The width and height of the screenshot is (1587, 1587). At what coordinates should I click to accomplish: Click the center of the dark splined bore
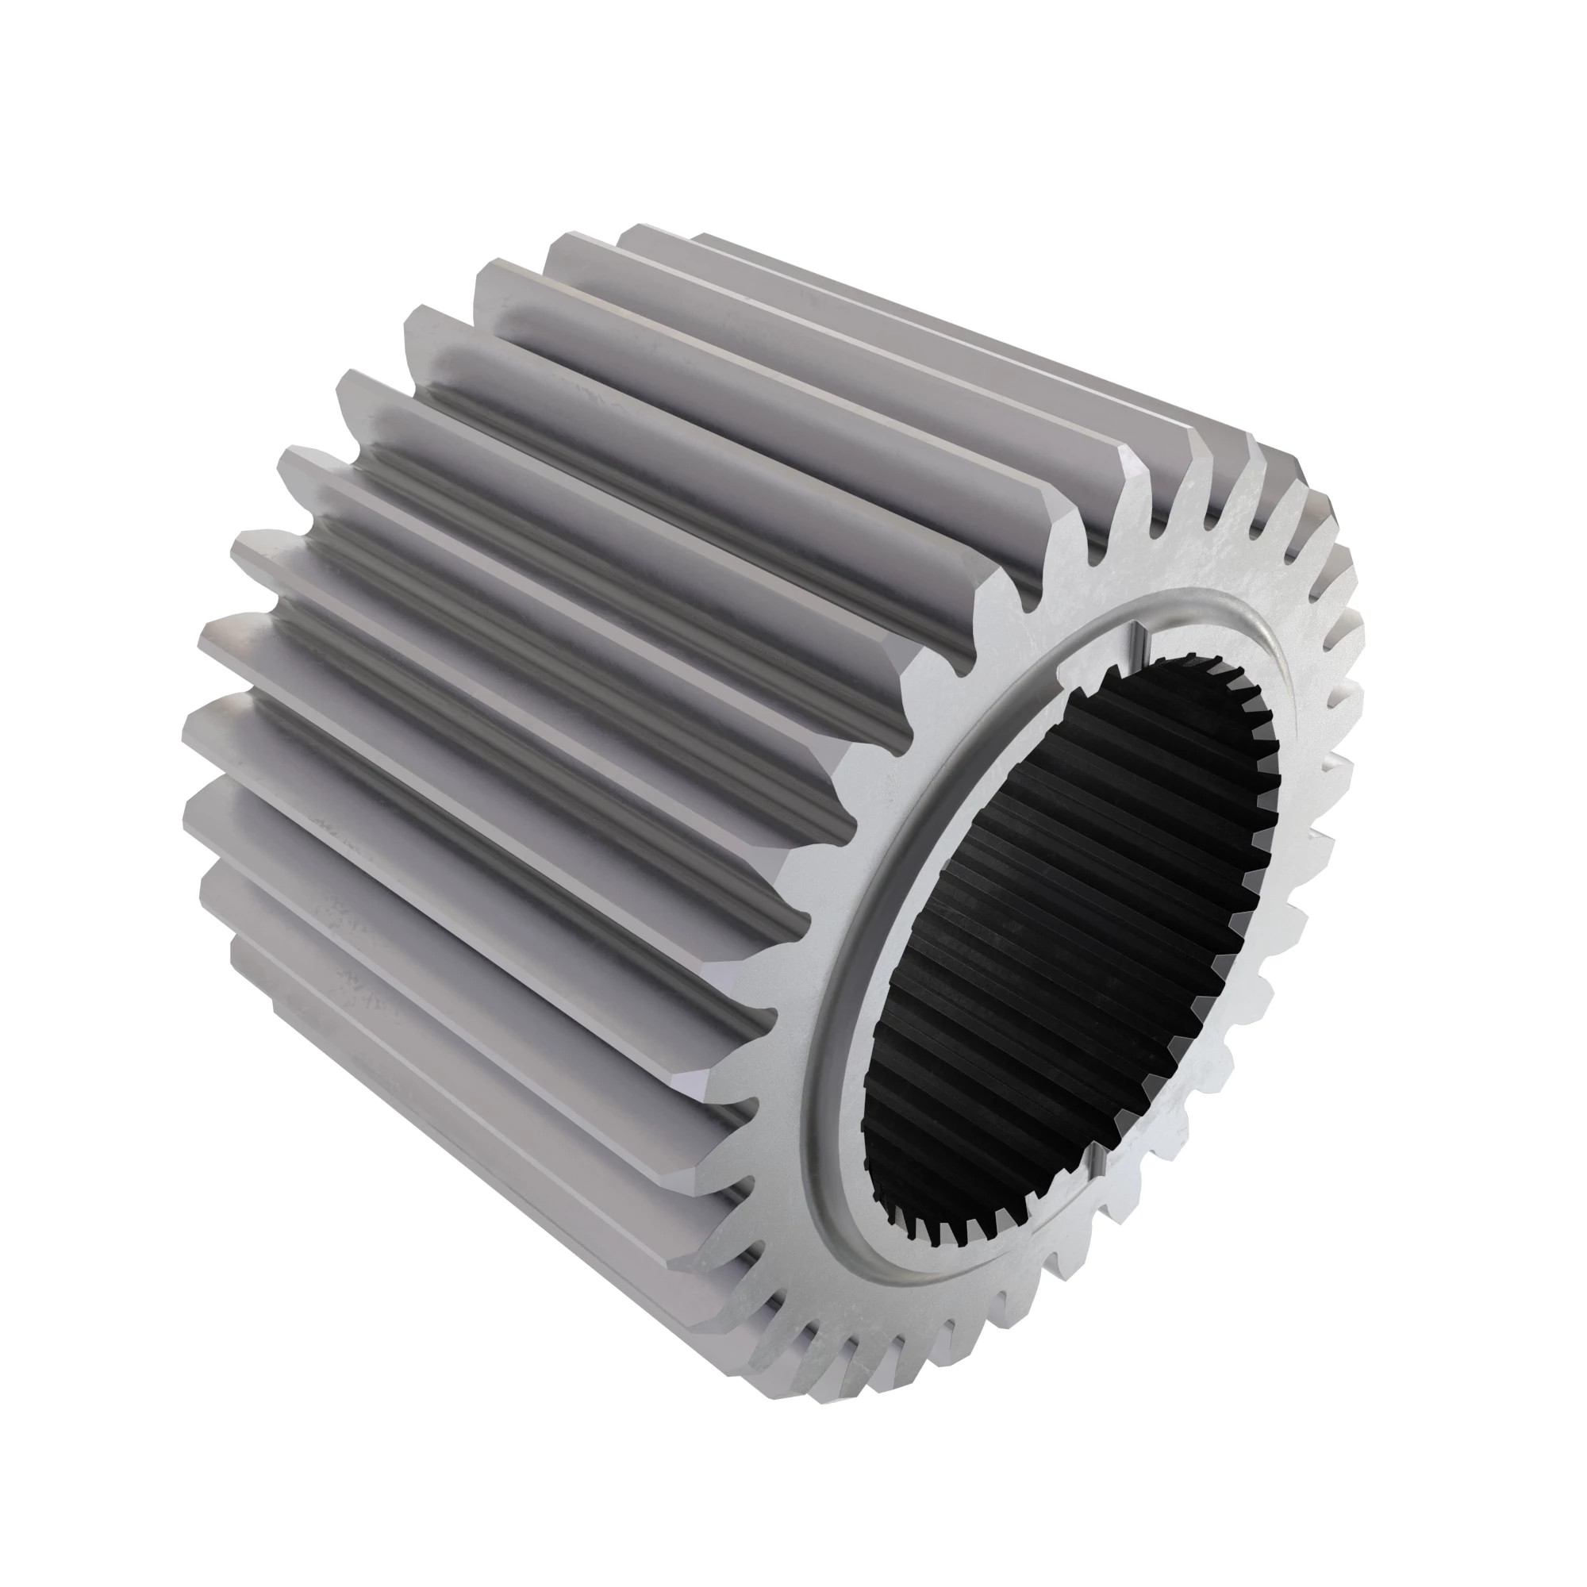click(1068, 936)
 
